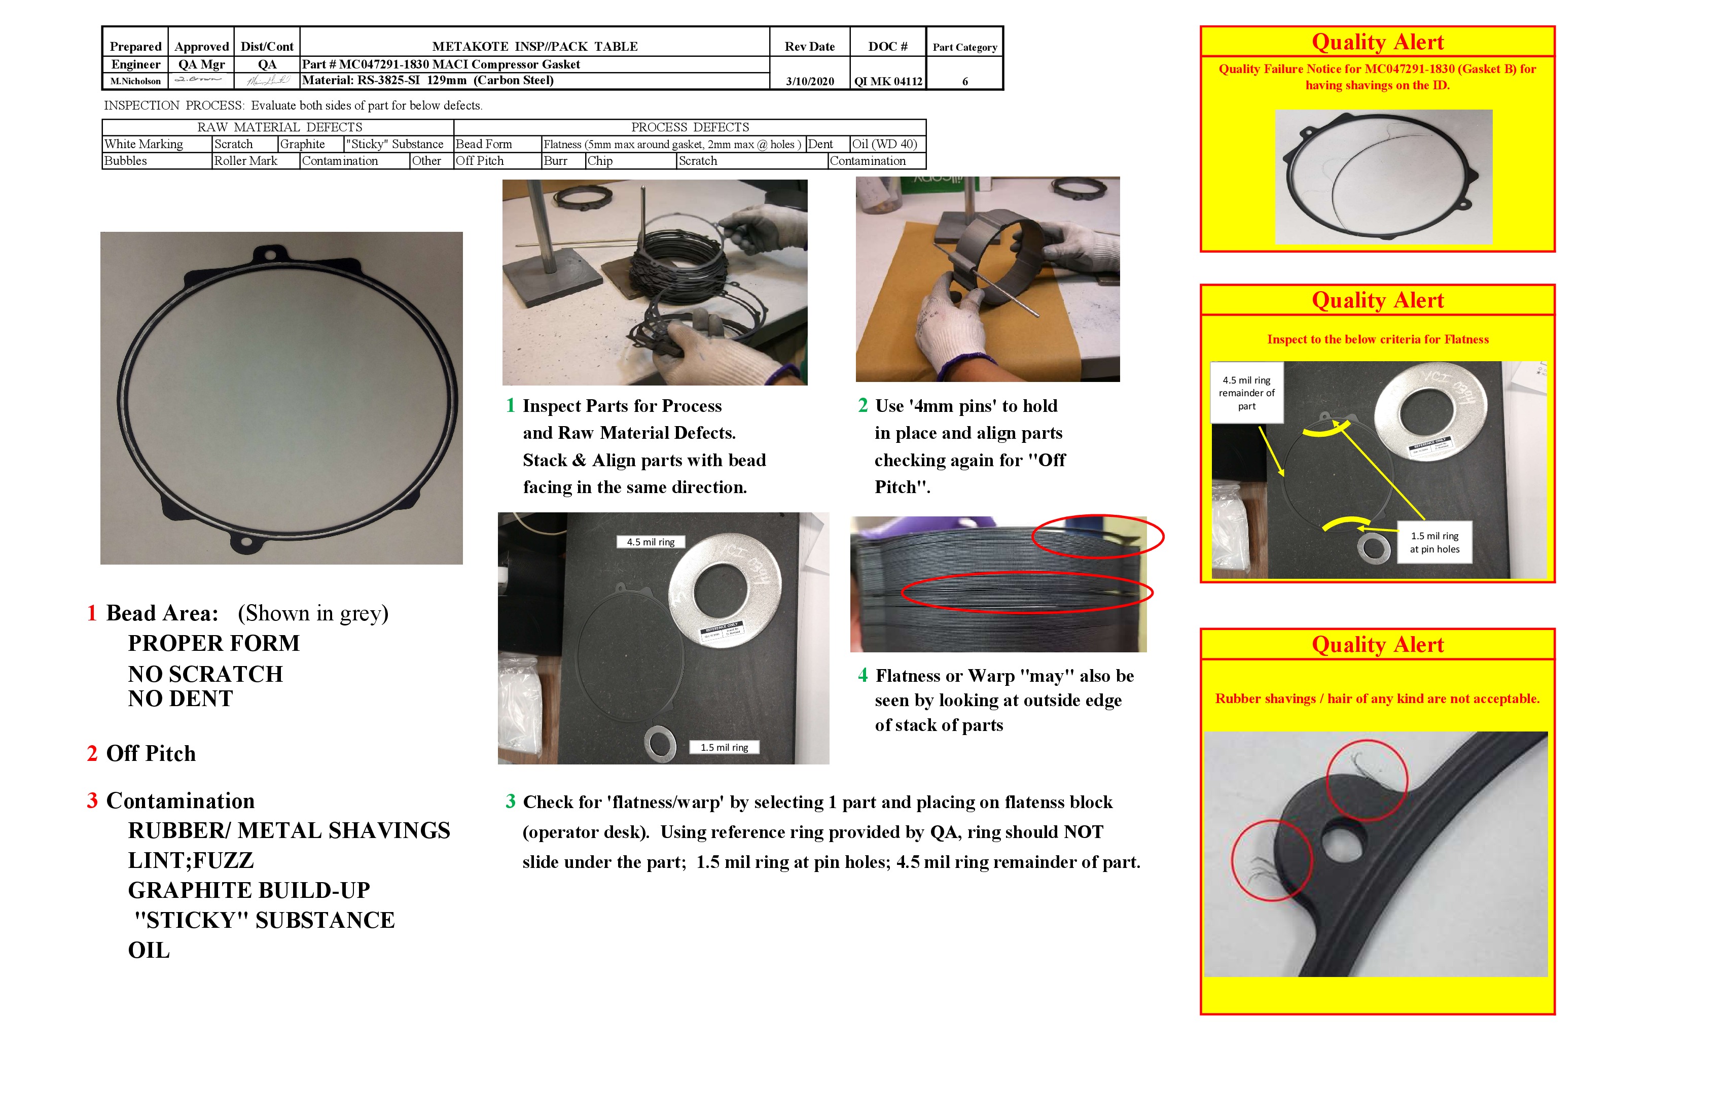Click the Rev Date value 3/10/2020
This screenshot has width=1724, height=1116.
pos(809,81)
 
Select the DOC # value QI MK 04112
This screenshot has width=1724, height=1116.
pos(887,81)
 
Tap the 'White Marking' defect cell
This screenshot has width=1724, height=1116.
pos(144,144)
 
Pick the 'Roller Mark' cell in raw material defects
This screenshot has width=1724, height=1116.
pos(245,161)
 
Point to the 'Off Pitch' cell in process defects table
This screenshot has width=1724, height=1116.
pos(480,161)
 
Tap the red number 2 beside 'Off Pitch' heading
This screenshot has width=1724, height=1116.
pos(92,754)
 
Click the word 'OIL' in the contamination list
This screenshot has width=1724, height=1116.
pos(149,950)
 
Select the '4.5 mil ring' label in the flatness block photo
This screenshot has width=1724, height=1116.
pos(651,542)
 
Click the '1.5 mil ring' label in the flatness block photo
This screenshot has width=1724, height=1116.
pos(724,747)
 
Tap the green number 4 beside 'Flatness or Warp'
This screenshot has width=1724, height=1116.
pos(863,675)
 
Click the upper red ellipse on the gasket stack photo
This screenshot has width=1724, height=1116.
pos(1097,537)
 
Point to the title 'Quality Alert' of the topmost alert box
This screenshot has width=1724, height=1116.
pos(1377,42)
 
